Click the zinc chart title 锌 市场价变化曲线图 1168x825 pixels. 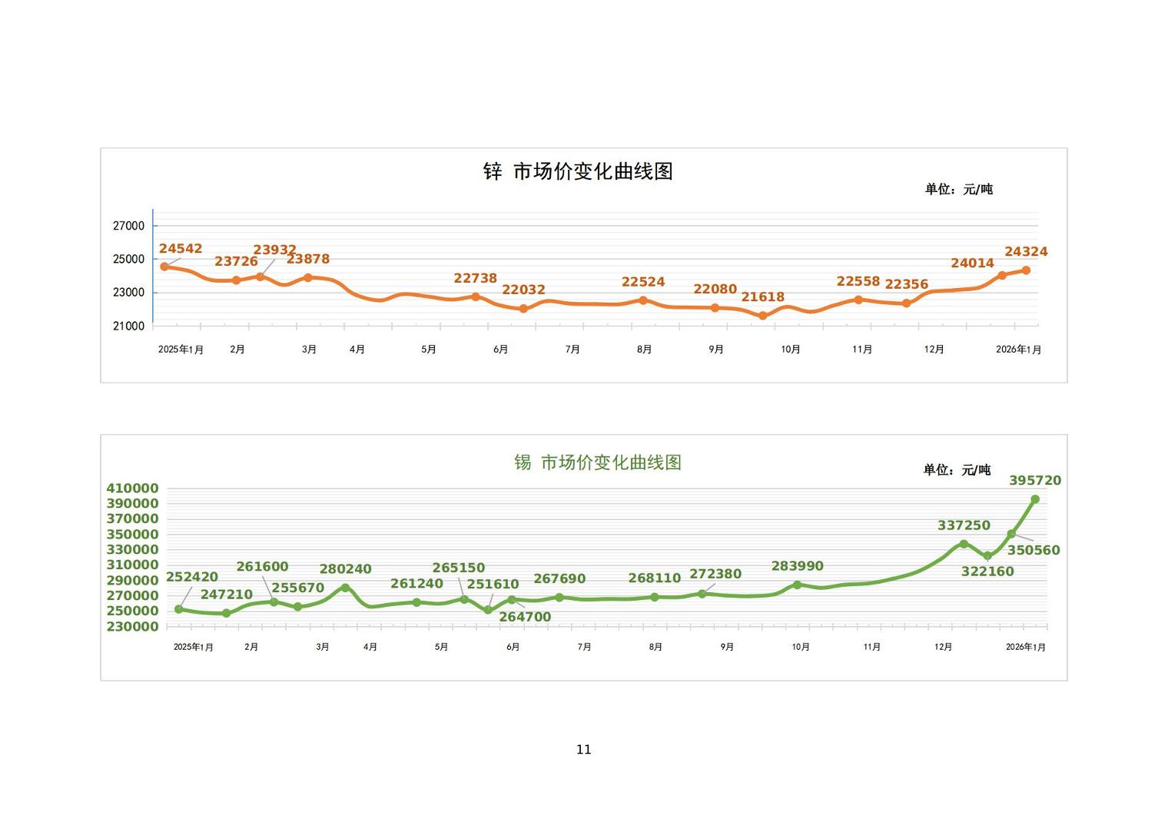tap(578, 171)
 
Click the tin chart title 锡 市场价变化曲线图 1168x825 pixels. tap(598, 462)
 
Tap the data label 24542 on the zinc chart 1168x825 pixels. tap(181, 249)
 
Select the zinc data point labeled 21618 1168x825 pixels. tap(762, 316)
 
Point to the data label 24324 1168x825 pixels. tap(1026, 252)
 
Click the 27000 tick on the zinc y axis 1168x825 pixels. tap(129, 226)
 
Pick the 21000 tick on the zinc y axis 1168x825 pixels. tap(129, 326)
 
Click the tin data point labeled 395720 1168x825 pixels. tap(1035, 499)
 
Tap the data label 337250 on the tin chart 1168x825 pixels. tap(964, 525)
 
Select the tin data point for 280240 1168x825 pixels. tap(345, 588)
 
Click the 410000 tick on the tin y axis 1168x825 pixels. tap(133, 489)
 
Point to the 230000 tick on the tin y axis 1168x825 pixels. tap(133, 627)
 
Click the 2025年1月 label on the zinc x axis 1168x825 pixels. tap(181, 350)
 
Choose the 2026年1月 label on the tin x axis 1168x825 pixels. tap(1026, 647)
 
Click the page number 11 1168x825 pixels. tap(584, 750)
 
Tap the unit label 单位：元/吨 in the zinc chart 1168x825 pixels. tap(958, 189)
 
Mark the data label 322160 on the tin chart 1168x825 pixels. tap(987, 572)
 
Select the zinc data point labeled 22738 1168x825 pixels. tap(476, 297)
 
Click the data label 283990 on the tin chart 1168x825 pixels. tap(797, 566)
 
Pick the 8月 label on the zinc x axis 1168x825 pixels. tap(644, 350)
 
